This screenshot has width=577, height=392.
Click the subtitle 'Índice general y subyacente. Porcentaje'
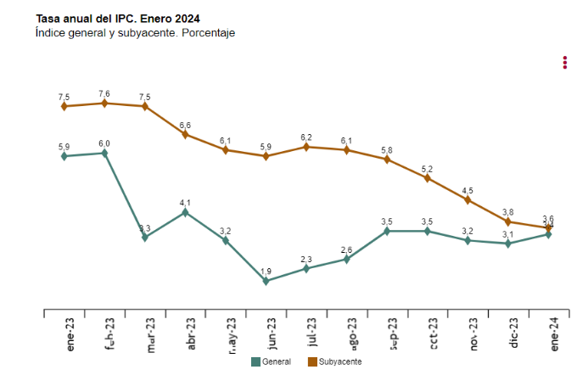click(x=135, y=33)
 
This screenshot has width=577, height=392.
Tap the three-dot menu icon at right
click(x=564, y=63)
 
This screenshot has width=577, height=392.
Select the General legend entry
click(x=271, y=361)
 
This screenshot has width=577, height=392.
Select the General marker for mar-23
click(x=145, y=238)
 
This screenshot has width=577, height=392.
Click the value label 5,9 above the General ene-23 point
click(x=64, y=147)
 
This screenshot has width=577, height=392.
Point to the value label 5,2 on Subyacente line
click(x=427, y=169)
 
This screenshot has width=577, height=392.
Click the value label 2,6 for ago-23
click(x=346, y=249)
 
